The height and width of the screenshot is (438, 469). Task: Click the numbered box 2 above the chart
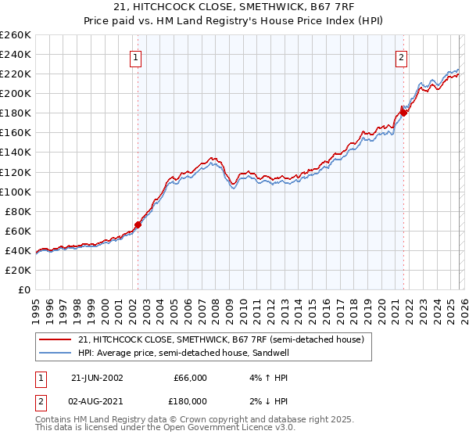(x=401, y=56)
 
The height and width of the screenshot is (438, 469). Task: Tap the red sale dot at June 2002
(x=138, y=224)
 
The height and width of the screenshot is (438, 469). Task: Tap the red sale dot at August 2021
(x=404, y=112)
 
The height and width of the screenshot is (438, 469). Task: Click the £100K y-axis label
(x=16, y=192)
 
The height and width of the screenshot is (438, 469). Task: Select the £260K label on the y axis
(x=16, y=34)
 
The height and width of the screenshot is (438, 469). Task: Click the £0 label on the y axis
(x=24, y=290)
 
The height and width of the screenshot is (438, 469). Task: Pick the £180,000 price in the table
(x=190, y=401)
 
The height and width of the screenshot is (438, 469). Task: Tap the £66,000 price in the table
(x=190, y=378)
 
